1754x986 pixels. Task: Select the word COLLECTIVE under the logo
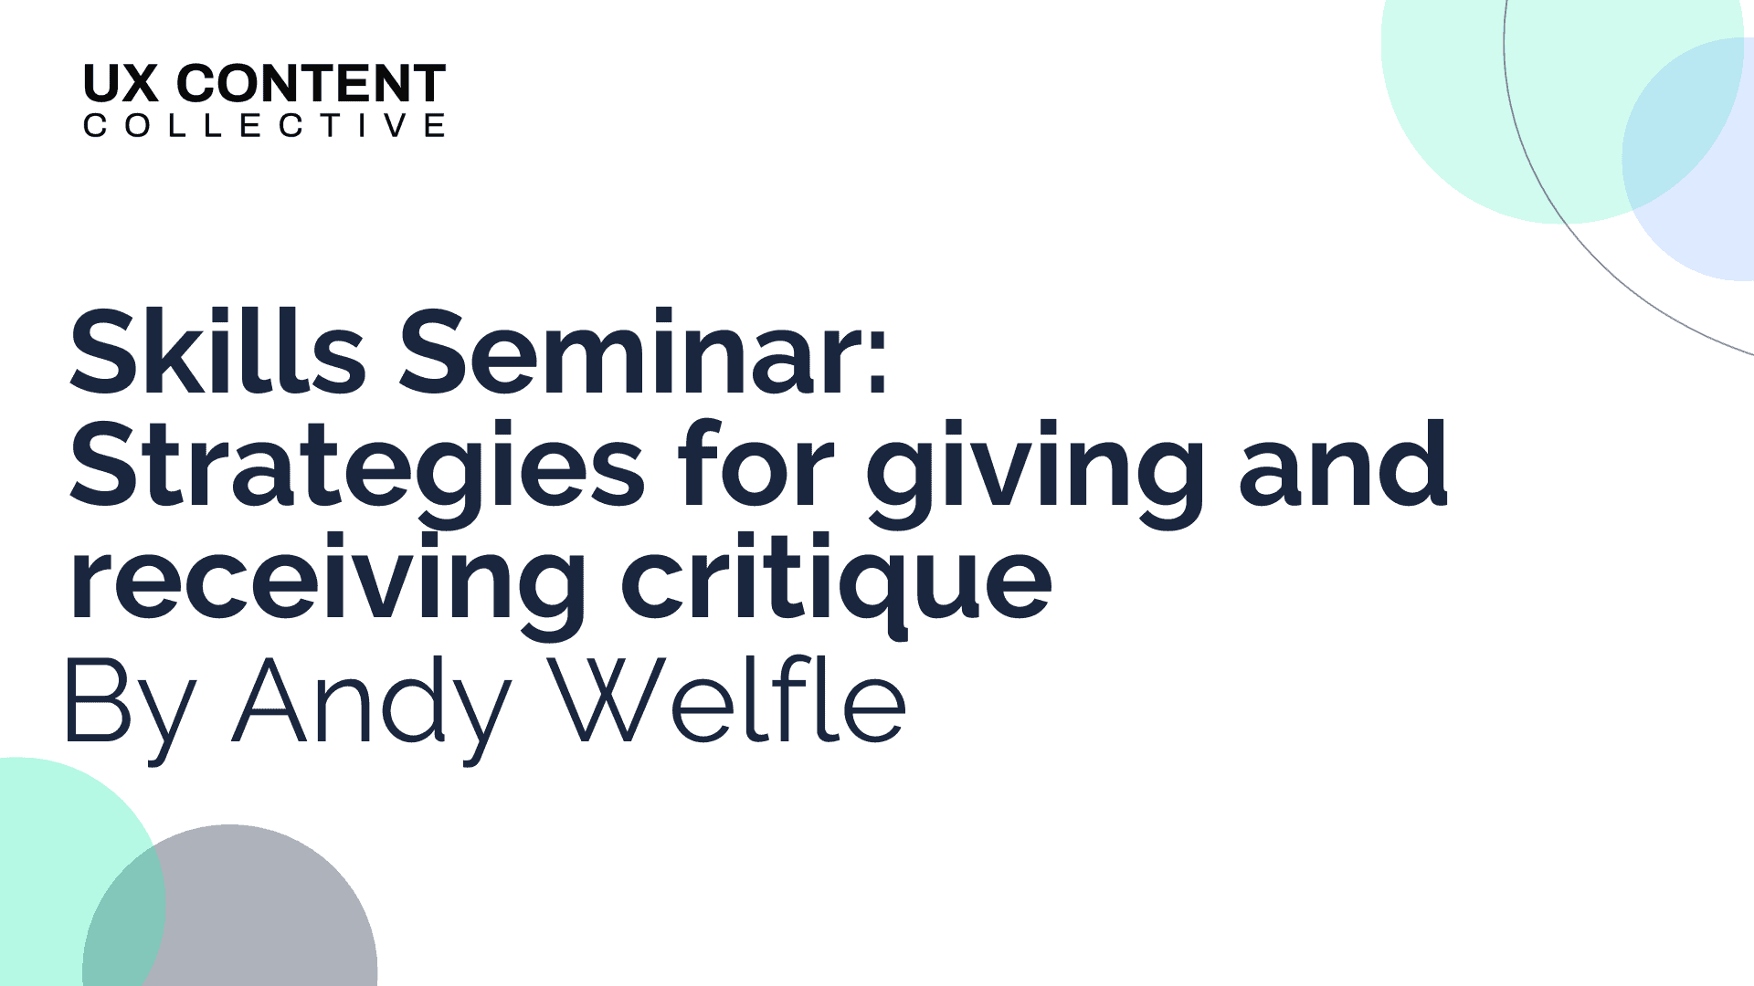click(264, 125)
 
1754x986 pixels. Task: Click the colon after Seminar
click(878, 362)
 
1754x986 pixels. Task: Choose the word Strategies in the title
click(357, 466)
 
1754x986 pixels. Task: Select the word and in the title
click(1343, 464)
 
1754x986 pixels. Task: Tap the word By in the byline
click(131, 708)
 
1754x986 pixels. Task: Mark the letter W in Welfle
click(608, 699)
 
